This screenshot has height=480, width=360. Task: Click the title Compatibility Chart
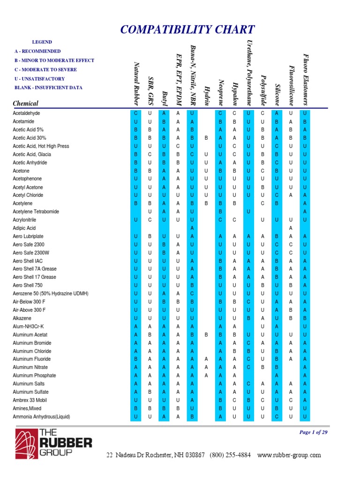[187, 30]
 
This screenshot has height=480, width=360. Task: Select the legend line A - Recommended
[37, 51]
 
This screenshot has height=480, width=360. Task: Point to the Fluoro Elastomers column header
[305, 79]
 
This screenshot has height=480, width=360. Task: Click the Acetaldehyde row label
[26, 113]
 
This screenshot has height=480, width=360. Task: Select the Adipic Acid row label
[24, 228]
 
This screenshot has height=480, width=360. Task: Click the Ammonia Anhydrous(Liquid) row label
[41, 416]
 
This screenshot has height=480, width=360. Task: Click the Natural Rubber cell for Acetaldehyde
[135, 113]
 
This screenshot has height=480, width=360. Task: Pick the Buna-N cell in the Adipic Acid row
[192, 228]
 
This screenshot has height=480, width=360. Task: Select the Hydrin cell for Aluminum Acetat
[206, 335]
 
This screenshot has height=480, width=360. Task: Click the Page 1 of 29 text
[313, 432]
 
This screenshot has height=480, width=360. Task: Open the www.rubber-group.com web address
[289, 455]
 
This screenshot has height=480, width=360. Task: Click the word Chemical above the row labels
[26, 103]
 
